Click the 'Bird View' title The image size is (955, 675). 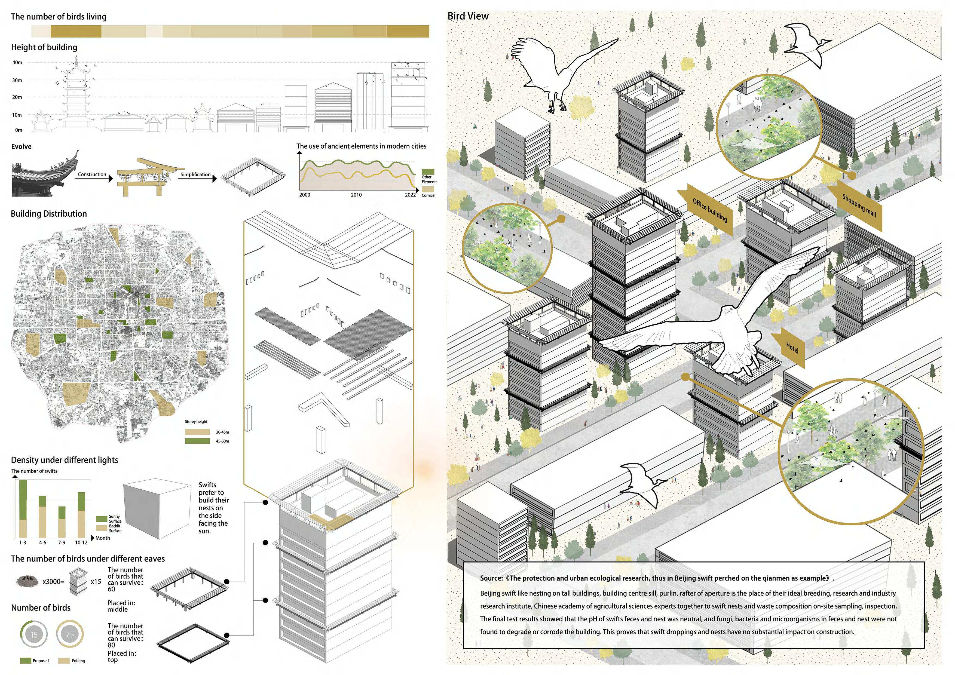coord(468,16)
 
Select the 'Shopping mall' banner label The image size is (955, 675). coord(859,205)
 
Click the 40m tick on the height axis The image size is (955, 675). coord(17,62)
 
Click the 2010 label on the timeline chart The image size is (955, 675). coord(356,195)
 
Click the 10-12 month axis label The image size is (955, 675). coord(81,543)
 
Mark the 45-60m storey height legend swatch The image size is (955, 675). coord(197,441)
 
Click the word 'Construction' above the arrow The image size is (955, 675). coord(92,175)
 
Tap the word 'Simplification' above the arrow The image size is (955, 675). coord(195,175)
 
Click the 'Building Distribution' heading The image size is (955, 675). coord(49,214)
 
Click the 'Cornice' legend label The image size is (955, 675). coord(428,195)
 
